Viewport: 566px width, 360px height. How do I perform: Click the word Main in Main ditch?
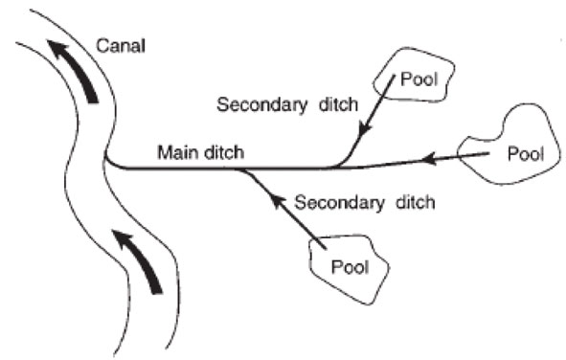click(x=175, y=151)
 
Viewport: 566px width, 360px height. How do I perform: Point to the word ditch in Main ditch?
click(x=225, y=151)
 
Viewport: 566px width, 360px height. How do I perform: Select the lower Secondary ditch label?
click(x=366, y=202)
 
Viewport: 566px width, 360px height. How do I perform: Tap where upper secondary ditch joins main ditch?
click(x=337, y=166)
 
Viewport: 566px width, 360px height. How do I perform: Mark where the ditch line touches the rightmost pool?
click(x=490, y=153)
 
